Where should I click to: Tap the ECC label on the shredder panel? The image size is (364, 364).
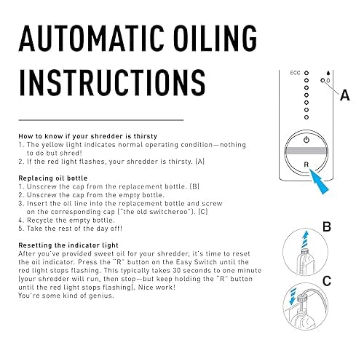(295, 74)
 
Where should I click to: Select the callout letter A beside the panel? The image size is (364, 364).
(345, 94)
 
